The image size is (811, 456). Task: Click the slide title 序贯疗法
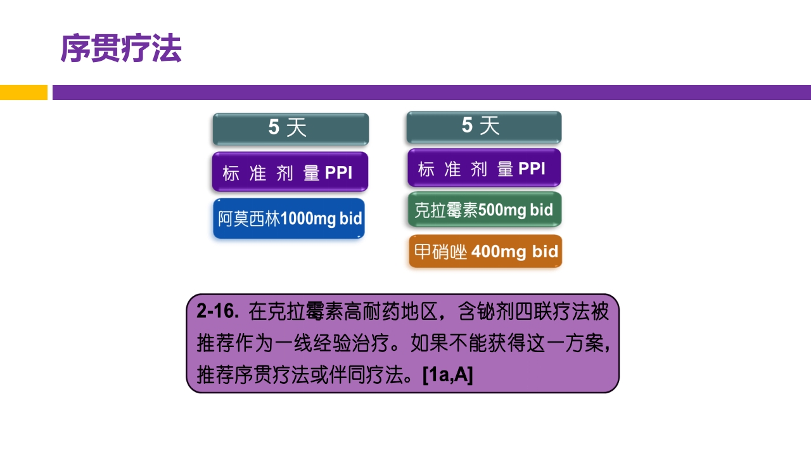pyautogui.click(x=121, y=49)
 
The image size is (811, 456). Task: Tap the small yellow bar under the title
pyautogui.click(x=23, y=92)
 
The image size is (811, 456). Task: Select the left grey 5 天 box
pyautogui.click(x=290, y=129)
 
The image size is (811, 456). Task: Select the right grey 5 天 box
pyautogui.click(x=483, y=127)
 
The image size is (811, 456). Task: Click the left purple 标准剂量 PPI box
pyautogui.click(x=290, y=172)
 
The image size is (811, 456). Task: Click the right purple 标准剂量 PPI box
pyautogui.click(x=483, y=168)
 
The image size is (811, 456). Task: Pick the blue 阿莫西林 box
pyautogui.click(x=289, y=219)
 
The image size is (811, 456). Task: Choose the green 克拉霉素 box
pyautogui.click(x=484, y=210)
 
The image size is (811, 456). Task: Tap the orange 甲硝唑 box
pyautogui.click(x=485, y=252)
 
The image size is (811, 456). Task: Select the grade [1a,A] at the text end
pyautogui.click(x=448, y=376)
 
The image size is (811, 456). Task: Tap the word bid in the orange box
pyautogui.click(x=545, y=252)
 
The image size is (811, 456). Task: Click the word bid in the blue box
pyautogui.click(x=350, y=220)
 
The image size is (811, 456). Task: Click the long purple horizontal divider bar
pyautogui.click(x=431, y=92)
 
